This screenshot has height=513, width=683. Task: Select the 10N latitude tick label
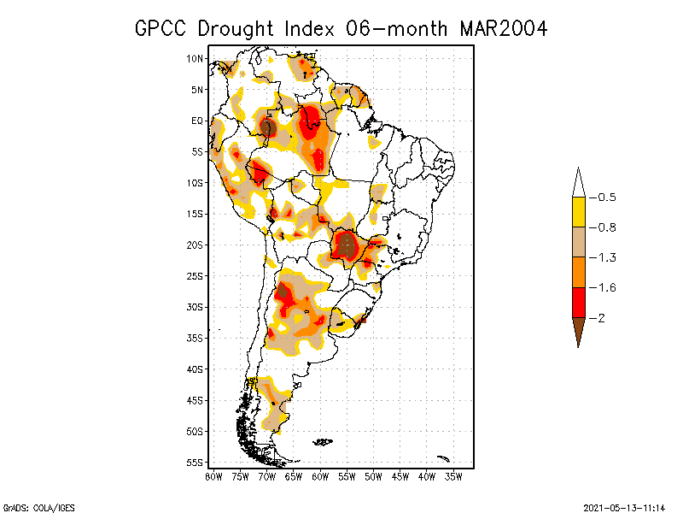[x=195, y=59]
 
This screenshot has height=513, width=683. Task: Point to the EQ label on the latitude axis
[x=196, y=121]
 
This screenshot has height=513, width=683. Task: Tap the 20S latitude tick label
[x=195, y=245]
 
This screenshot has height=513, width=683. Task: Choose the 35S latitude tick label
[x=195, y=338]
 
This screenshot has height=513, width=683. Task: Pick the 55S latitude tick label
[x=195, y=463]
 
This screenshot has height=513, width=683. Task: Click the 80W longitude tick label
[x=213, y=476]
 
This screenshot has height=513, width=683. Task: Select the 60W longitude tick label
[x=320, y=476]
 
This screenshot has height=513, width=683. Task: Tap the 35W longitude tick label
[x=453, y=476]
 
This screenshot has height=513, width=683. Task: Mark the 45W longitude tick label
[x=400, y=476]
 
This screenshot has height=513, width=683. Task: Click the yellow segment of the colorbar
[x=578, y=212]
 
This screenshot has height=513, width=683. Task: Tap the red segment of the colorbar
[x=578, y=302]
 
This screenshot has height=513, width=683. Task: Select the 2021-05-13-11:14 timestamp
[x=624, y=507]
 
